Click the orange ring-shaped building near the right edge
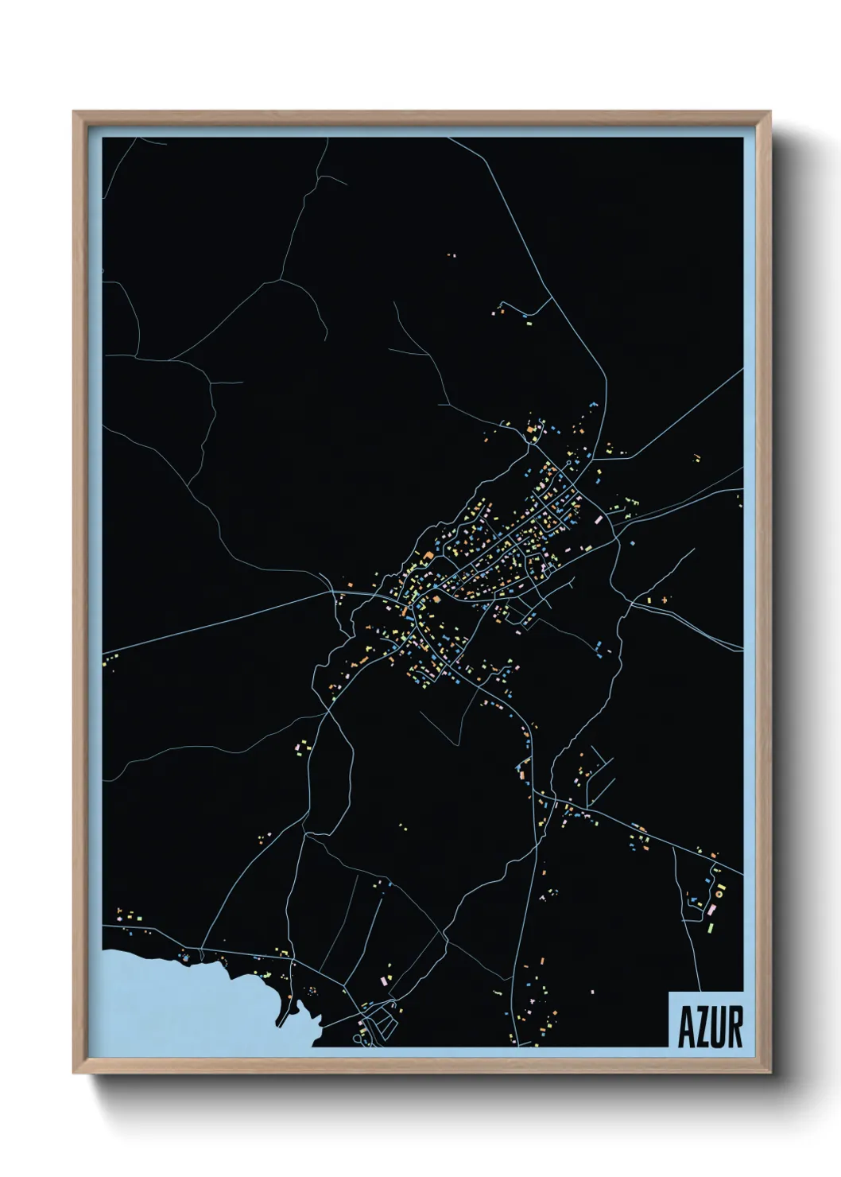click(719, 893)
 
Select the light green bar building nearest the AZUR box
click(712, 926)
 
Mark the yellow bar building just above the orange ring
click(720, 884)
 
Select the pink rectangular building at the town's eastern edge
click(599, 519)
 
